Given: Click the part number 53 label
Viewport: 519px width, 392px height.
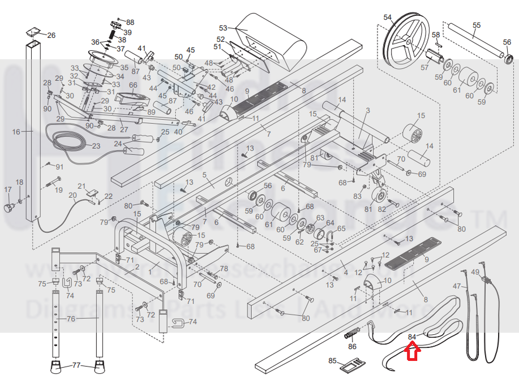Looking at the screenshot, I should coord(222,28).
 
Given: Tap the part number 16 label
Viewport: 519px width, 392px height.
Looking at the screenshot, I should coord(16,132).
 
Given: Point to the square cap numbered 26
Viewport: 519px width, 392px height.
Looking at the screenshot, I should coord(33,32).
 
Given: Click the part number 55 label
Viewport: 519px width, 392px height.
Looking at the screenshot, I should coord(477,25).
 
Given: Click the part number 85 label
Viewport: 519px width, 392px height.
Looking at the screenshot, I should coord(332,360).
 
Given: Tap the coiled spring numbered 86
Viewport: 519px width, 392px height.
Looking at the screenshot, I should coord(351,334).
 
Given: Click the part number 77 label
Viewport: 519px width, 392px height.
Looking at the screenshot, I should coord(76,366).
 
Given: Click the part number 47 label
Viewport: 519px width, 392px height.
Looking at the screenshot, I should coord(457,286).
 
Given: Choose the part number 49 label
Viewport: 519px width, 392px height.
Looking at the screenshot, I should coord(475,273).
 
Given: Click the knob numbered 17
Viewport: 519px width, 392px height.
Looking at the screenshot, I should coord(8,206).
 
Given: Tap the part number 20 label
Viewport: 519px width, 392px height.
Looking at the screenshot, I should coord(72,196).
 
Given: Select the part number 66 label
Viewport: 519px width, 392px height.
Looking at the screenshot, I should coord(133,85).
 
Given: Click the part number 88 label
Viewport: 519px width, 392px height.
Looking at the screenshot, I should coord(130,22).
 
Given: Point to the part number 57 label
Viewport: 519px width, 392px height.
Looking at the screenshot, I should coord(424,67).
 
